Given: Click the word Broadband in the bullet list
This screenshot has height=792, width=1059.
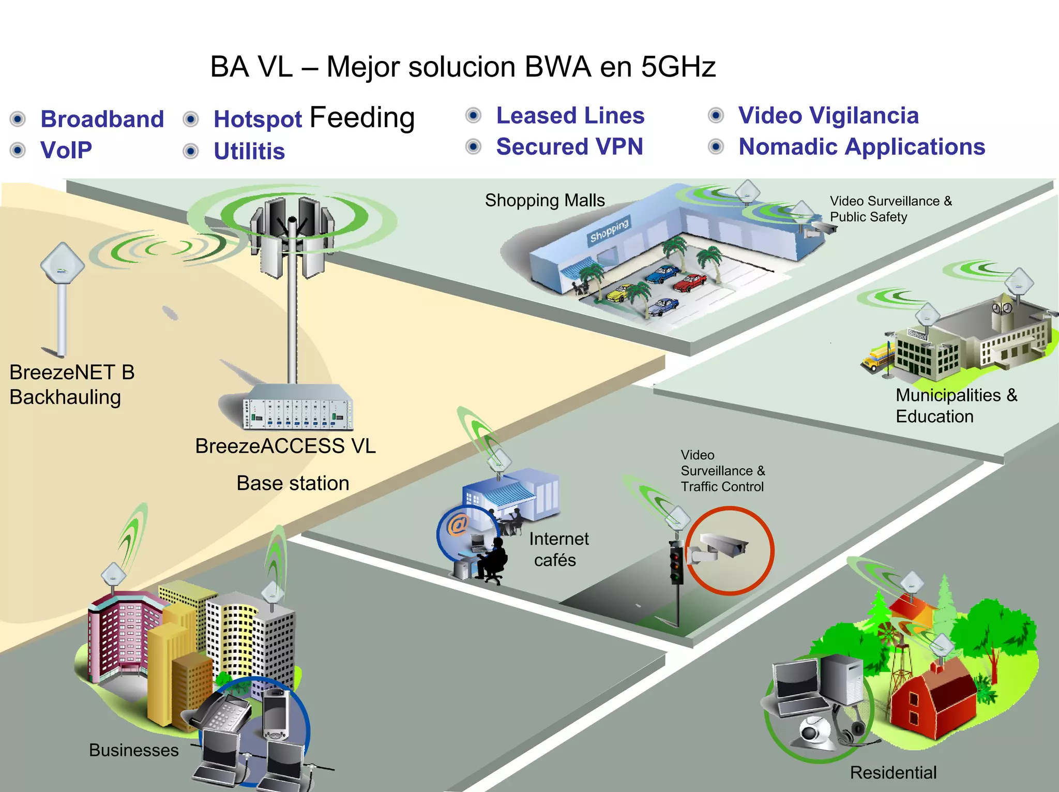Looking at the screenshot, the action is click(102, 119).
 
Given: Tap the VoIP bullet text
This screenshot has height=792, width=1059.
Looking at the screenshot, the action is click(66, 151).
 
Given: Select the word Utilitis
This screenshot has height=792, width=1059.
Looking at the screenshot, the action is click(249, 152).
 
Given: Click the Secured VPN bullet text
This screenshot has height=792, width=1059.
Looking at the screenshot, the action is click(569, 147).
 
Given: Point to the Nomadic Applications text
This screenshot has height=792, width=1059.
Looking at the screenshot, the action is click(861, 147).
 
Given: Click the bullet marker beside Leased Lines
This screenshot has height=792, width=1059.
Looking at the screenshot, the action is click(473, 115).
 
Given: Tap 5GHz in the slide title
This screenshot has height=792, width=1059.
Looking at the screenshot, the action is click(678, 67).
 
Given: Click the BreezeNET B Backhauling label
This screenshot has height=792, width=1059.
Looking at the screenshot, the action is click(72, 384).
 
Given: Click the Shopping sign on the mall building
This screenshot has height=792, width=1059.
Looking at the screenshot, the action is click(609, 231).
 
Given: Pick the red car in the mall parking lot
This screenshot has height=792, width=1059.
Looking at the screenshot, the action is click(690, 282).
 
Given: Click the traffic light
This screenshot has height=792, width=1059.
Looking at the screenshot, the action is click(676, 562).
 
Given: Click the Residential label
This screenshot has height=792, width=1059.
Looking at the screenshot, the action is click(893, 772).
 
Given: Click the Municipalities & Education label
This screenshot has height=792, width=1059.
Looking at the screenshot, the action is click(956, 406).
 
